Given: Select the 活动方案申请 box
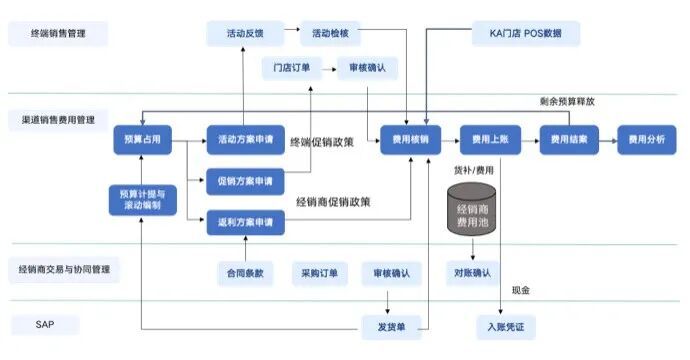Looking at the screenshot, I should click(245, 139).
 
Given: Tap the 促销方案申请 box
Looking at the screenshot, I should click(245, 181).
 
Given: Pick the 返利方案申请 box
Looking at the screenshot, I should click(245, 221).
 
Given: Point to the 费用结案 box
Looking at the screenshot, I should click(569, 139).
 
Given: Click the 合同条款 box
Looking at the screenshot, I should click(245, 272).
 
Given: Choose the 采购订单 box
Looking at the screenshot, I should click(319, 272).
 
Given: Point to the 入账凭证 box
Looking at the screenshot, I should click(506, 325).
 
